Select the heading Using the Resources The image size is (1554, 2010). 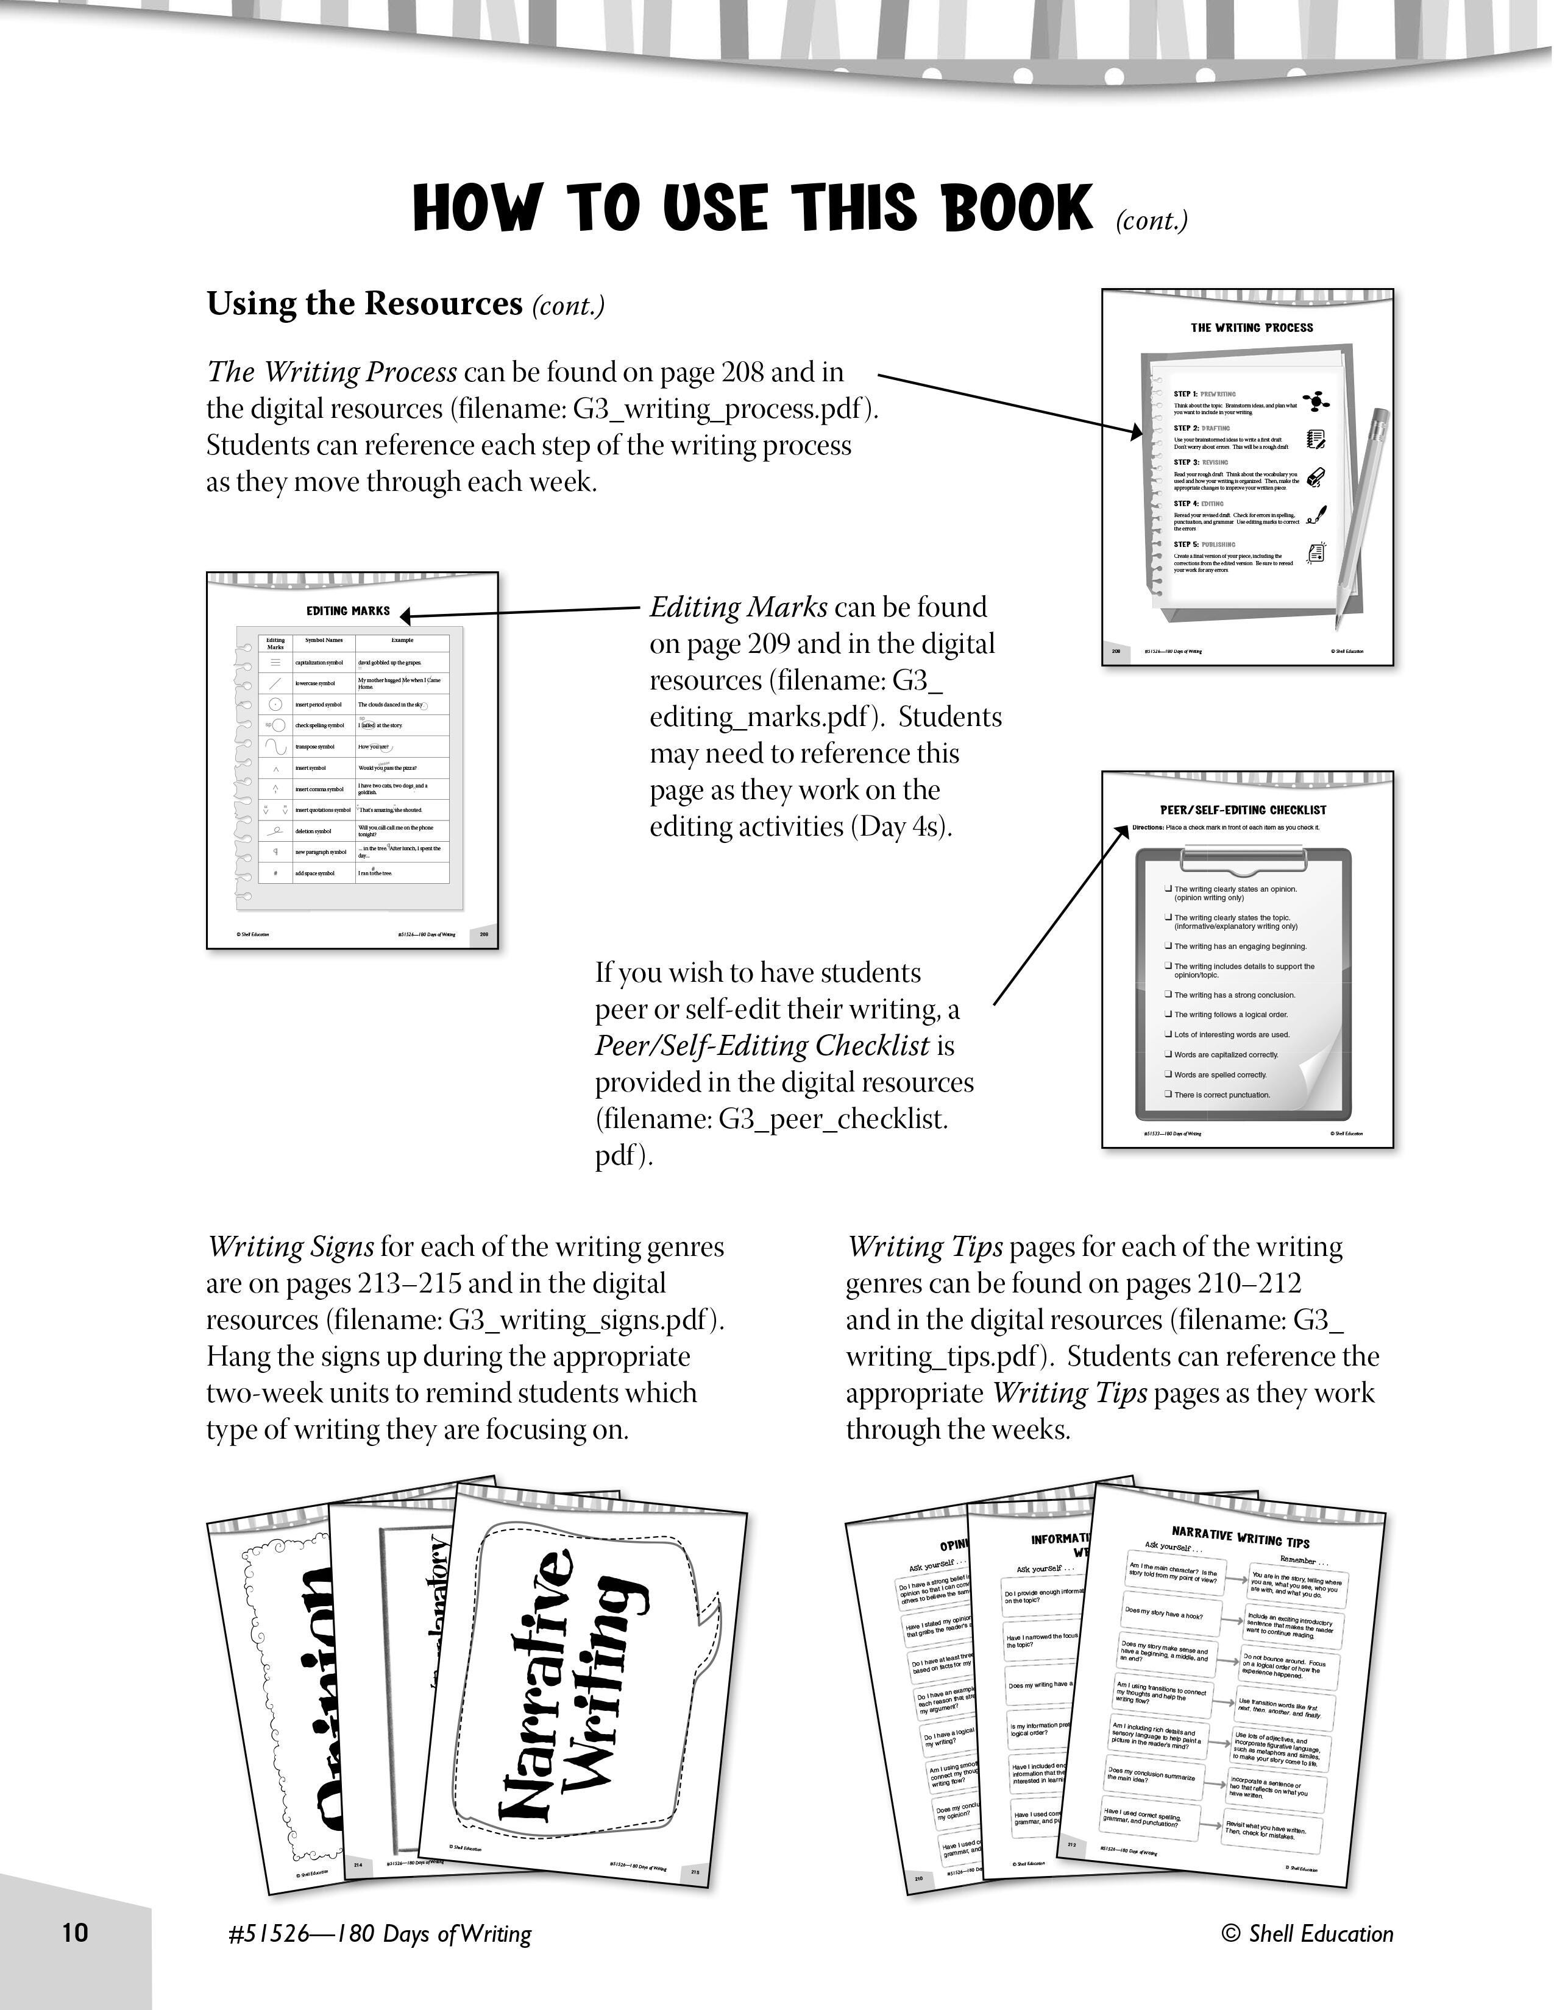364,304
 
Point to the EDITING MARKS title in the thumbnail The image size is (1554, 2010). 348,611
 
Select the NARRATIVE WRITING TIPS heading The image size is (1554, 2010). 1240,1536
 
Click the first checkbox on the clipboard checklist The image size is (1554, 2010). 1168,889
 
